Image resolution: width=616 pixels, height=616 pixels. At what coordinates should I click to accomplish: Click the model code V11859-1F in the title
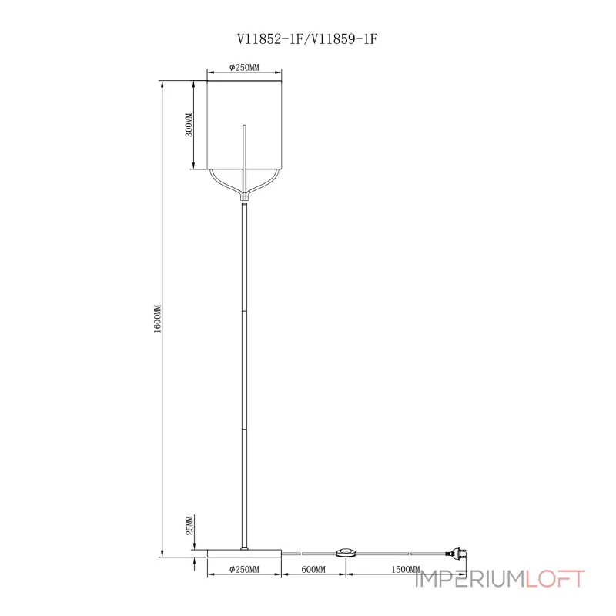(x=341, y=37)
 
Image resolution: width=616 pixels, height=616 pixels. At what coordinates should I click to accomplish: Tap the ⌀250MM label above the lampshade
(x=245, y=68)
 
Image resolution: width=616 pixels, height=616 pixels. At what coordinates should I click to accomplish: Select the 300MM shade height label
(x=189, y=126)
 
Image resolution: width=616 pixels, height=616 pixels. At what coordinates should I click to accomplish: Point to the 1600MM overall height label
(x=157, y=318)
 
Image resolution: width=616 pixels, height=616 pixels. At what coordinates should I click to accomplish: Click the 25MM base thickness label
(x=189, y=527)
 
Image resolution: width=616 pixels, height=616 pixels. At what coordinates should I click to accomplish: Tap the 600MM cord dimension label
(x=313, y=569)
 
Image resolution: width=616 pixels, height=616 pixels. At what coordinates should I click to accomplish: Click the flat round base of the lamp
(x=245, y=552)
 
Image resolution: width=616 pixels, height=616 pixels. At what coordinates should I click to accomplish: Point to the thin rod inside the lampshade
(x=245, y=150)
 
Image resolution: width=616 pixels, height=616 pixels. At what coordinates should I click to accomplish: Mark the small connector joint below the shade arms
(x=245, y=198)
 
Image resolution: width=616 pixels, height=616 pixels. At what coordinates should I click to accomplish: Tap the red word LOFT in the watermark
(x=555, y=578)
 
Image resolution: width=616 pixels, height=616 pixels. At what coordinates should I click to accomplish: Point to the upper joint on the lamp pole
(x=245, y=311)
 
